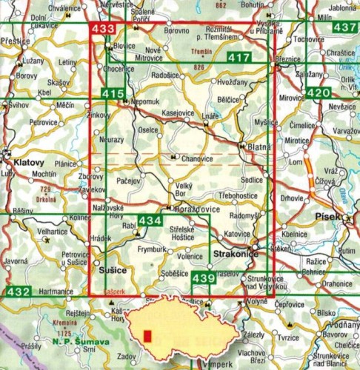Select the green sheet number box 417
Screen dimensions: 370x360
[239, 58]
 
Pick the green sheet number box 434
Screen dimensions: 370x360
[149, 221]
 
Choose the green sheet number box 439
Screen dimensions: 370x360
[204, 277]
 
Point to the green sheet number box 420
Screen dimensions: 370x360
[319, 93]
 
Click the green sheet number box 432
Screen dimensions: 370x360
[19, 292]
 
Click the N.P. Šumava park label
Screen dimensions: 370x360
[82, 341]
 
